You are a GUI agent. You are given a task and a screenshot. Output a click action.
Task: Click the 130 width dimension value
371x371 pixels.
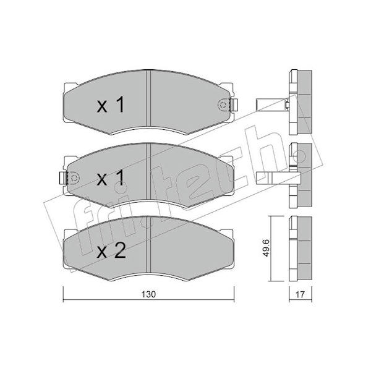coord(148,294)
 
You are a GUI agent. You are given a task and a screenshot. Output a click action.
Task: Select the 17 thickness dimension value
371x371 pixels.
coord(300,294)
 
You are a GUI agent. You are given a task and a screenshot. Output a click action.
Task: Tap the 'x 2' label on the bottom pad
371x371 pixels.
coord(111,250)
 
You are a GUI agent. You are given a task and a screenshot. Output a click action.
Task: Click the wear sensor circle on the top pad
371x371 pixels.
coord(223,105)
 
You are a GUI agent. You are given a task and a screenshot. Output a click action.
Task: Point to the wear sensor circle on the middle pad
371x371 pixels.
coord(74,178)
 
